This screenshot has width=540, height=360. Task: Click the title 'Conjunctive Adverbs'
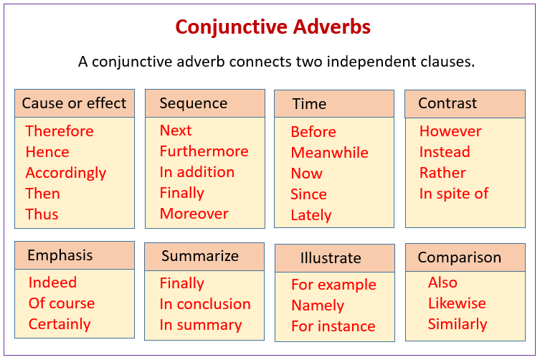273,27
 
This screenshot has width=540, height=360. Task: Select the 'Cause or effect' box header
74,103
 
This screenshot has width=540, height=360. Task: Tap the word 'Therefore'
60,131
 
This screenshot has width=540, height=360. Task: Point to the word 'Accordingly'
66,173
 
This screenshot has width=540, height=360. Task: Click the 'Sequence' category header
193,103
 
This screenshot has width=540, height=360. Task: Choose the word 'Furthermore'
204,151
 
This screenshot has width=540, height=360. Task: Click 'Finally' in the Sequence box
181,193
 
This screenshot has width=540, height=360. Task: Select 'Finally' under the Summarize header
181,283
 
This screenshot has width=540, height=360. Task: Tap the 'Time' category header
309,104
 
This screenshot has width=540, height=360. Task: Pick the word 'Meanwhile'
329,153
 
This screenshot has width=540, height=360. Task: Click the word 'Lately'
311,215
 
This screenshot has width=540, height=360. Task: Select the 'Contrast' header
447,103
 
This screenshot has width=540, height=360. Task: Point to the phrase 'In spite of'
453,194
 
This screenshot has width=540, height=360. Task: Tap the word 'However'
450,131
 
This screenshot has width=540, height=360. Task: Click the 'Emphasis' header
60,255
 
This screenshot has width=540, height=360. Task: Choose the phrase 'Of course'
62,303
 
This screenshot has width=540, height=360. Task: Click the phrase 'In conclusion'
205,304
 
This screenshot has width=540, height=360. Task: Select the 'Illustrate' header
331,258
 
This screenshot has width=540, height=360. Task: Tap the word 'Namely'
318,305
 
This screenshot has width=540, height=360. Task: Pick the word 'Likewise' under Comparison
457,303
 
